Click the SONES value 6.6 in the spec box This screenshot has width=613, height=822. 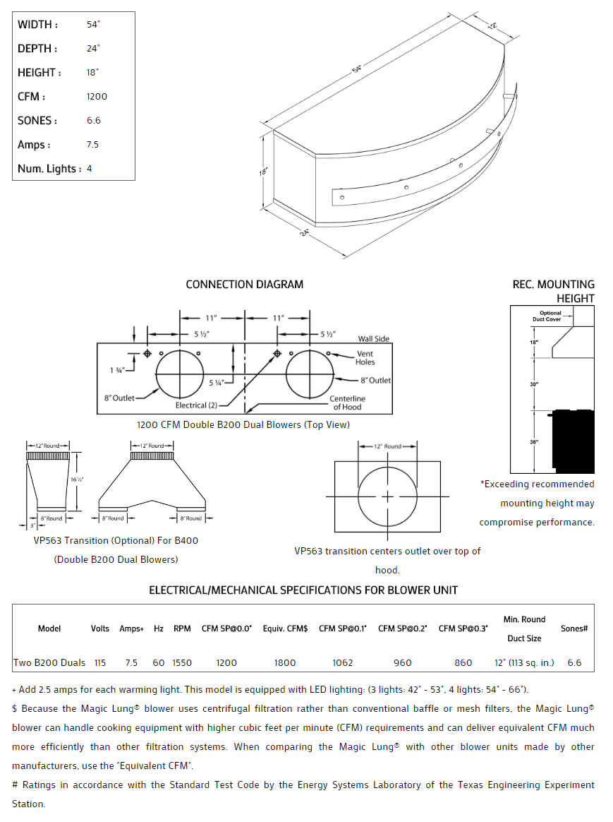(x=94, y=121)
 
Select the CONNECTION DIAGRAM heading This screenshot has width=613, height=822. (x=244, y=285)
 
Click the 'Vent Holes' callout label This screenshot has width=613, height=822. (x=365, y=357)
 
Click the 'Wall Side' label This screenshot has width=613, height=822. (x=373, y=339)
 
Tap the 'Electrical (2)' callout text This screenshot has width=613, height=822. (x=197, y=405)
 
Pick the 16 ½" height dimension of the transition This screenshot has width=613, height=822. (x=78, y=480)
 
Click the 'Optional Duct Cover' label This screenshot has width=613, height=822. (x=550, y=316)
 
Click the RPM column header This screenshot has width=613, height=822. (x=182, y=629)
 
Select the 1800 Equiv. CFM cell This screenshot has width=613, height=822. (x=284, y=663)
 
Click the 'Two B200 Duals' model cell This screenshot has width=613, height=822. (x=49, y=663)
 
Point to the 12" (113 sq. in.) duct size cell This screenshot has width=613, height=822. (x=524, y=663)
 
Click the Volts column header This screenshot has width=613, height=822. (x=100, y=629)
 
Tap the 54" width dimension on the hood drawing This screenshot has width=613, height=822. (x=358, y=69)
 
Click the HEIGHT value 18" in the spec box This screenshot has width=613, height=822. (x=92, y=73)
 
